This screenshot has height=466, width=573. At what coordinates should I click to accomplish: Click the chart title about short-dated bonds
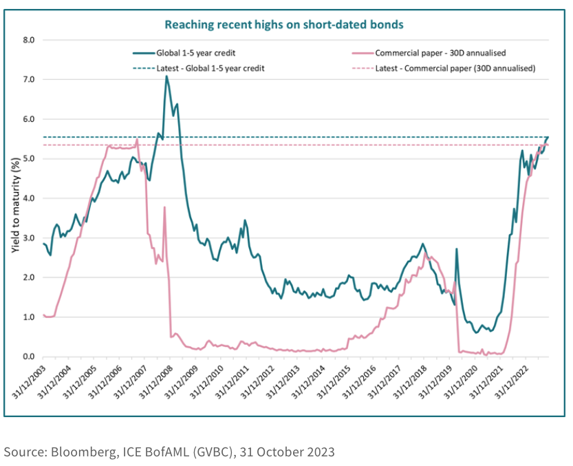coord(283,24)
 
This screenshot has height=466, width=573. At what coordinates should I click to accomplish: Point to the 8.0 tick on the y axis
coord(28,40)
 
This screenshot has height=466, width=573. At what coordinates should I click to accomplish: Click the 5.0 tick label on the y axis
coord(28,159)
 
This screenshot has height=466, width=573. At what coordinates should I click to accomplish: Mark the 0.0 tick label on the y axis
coord(28,357)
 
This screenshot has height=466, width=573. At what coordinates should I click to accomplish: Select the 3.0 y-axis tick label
coord(28,238)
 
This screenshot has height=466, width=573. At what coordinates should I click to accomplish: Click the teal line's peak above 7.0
coord(166,76)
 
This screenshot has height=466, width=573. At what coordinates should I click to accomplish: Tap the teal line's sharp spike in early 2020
coord(457,249)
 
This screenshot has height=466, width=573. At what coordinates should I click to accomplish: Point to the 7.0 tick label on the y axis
coord(28,80)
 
